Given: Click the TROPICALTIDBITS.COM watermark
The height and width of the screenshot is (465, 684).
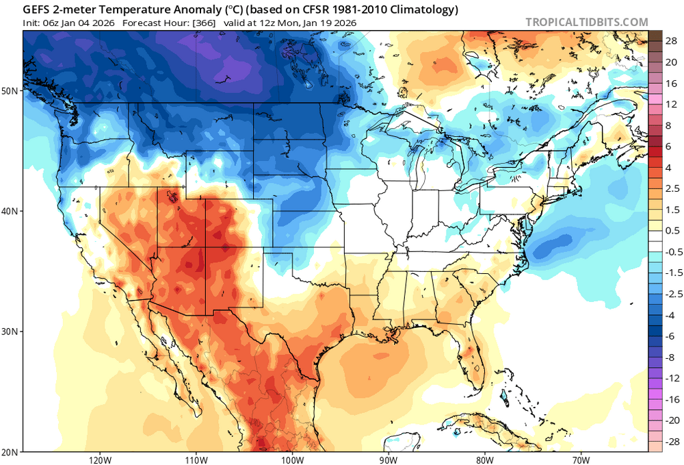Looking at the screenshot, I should [x=586, y=22].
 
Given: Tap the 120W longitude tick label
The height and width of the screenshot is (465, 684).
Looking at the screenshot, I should [x=100, y=458].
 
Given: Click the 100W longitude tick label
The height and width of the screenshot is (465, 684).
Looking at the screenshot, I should [x=292, y=458].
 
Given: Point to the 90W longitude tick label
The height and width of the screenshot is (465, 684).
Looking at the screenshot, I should [x=389, y=458].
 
